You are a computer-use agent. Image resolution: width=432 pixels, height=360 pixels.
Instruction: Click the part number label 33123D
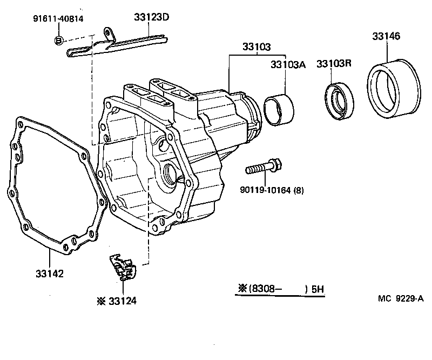pos(152,17)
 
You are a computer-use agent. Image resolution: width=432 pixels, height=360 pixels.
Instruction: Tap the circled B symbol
pos(59,40)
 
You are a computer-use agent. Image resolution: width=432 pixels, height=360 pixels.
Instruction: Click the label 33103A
pos(288,64)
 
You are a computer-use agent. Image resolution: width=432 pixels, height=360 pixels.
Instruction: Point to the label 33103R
pos(334,64)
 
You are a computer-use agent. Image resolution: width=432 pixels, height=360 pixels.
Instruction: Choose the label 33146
pos(386,36)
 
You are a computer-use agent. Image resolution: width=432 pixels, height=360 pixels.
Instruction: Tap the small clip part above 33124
pos(123,266)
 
